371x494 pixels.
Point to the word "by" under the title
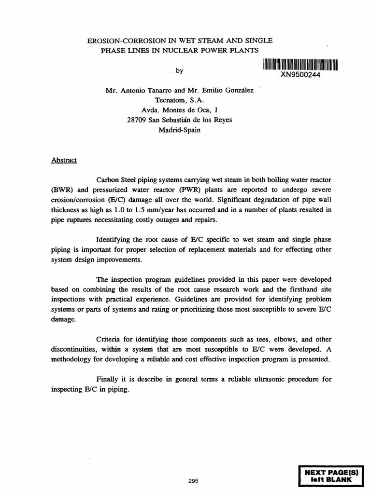(x=180, y=71)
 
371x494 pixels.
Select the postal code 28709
(x=137, y=120)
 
